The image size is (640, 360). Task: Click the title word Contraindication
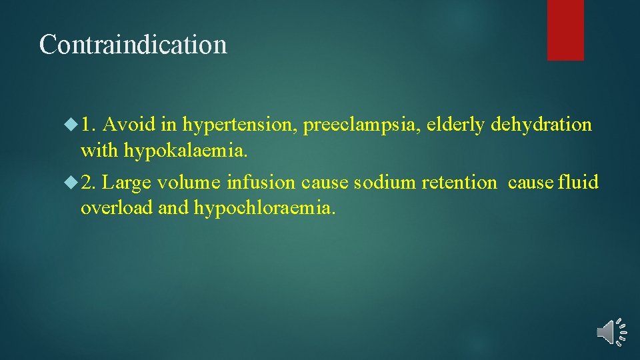point(133,45)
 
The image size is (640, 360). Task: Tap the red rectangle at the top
point(565,30)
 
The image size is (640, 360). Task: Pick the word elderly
point(457,125)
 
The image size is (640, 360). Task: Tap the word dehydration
point(542,125)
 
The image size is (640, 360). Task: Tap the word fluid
point(579,182)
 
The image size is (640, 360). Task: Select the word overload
point(117,208)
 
